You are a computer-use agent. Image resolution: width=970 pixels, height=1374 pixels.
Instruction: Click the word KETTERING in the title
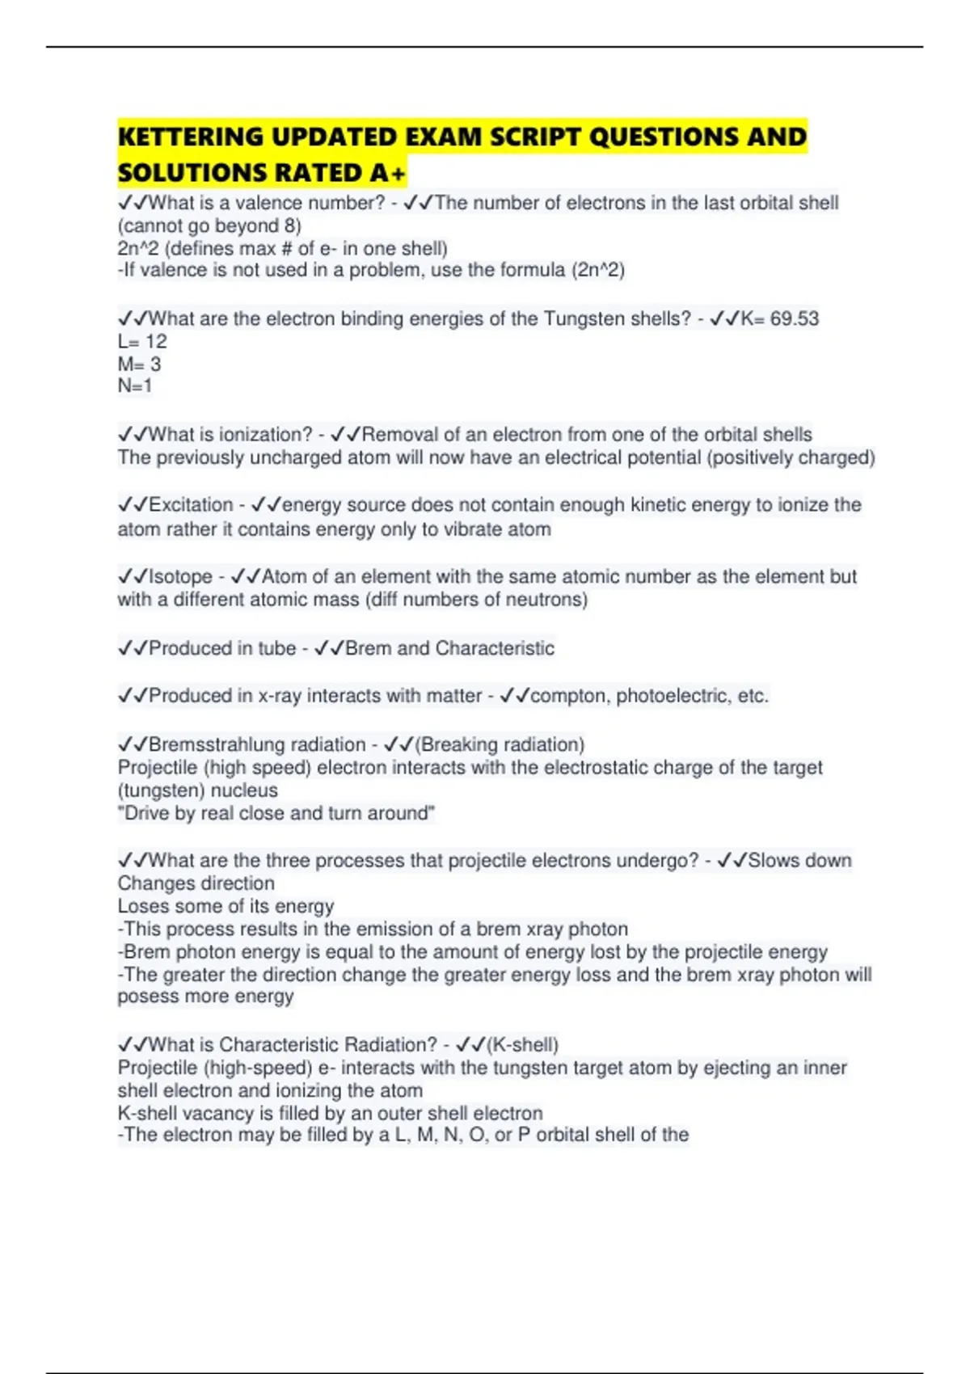click(x=191, y=137)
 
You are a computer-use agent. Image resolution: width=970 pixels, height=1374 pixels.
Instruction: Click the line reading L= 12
click(x=142, y=341)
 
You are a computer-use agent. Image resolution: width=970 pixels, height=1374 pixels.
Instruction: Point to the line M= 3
click(x=139, y=364)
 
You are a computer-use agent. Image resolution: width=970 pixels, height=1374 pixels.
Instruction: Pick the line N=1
click(x=135, y=386)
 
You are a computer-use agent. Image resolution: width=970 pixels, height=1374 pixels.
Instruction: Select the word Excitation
click(x=191, y=505)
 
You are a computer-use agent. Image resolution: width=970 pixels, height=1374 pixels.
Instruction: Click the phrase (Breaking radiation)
click(x=500, y=744)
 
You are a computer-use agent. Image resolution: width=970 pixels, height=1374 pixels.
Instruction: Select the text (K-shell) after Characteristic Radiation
click(x=522, y=1044)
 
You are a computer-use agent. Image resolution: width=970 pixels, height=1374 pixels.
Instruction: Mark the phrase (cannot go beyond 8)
click(x=209, y=225)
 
